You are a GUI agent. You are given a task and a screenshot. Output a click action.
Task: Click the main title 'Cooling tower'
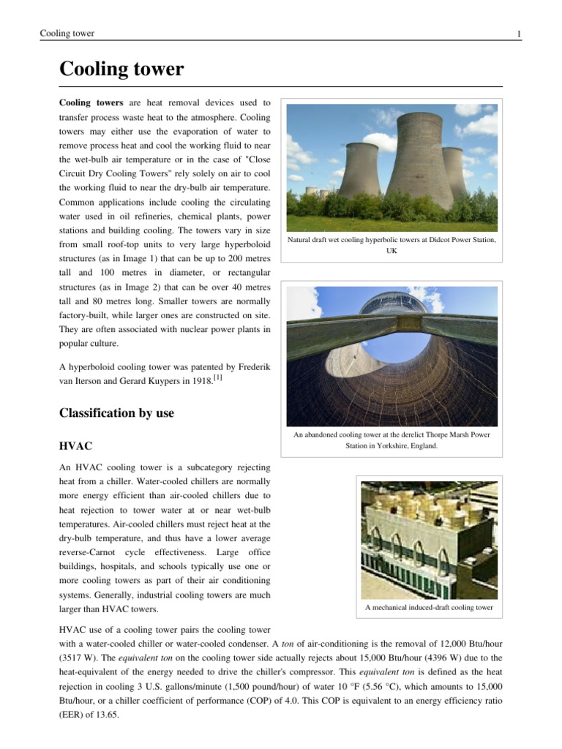point(121,69)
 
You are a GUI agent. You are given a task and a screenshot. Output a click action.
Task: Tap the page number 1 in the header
point(518,34)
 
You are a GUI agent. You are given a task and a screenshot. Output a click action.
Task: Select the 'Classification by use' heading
point(116,413)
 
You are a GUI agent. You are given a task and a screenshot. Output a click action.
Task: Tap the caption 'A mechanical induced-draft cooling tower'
point(429,608)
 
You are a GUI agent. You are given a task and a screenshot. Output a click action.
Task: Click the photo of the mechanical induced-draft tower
point(429,538)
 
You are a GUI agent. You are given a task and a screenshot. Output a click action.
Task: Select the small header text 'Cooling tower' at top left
point(67,34)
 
